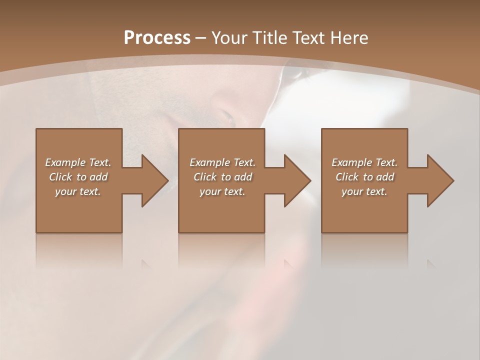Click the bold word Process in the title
tap(157, 38)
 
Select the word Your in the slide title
tap(228, 38)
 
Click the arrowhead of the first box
tap(154, 180)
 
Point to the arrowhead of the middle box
tap(297, 180)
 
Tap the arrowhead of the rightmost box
tap(440, 180)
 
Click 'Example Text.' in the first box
tap(78, 162)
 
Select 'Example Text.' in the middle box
tap(222, 162)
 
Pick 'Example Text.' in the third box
tap(364, 162)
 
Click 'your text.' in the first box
tap(78, 191)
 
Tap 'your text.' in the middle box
tap(222, 191)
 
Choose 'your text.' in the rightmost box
tap(364, 191)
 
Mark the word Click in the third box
tap(347, 177)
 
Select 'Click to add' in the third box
tap(365, 177)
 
